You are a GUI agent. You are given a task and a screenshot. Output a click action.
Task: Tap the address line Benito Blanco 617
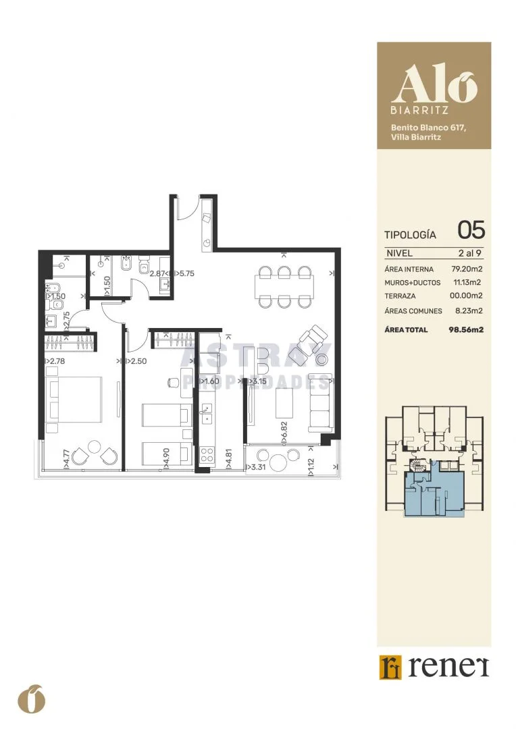coord(428,128)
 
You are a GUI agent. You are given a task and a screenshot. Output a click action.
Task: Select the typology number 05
coord(471,230)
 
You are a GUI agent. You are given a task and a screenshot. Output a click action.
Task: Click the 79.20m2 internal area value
coord(467,269)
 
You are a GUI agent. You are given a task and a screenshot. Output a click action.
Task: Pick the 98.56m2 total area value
coord(466,329)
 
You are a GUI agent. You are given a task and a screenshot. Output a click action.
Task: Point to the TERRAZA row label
coord(400,296)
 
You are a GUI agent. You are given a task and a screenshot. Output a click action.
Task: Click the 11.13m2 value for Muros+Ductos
coord(467,282)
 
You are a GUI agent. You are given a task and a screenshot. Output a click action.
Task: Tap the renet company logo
coord(434,667)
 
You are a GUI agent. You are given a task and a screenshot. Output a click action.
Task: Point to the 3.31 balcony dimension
coord(256,467)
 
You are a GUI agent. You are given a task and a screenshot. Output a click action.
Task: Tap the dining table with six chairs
coord(284,286)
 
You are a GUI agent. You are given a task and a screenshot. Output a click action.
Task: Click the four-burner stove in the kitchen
coord(207,454)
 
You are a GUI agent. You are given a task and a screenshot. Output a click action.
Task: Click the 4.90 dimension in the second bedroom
coord(166,457)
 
